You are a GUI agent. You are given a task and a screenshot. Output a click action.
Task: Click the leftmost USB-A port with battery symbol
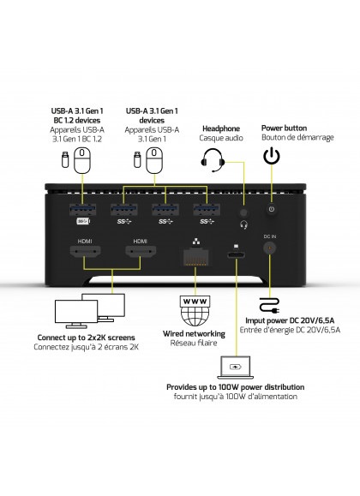coord(82,209)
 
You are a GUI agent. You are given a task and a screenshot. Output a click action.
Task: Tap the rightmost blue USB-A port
coord(207,209)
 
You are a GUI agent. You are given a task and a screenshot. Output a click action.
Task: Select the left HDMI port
coord(85,252)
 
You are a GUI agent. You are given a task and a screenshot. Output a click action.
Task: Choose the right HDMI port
coord(141,252)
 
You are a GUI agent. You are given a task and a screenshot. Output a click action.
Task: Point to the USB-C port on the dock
coord(236,255)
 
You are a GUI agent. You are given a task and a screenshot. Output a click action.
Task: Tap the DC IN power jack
coord(269,248)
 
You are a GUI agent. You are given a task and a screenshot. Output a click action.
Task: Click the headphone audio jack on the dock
coord(243,212)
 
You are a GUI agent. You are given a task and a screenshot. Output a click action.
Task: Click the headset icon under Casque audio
coord(213,159)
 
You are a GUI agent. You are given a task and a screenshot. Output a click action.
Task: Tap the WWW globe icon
coord(195,311)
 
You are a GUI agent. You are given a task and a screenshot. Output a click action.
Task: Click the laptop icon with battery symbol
coord(235,368)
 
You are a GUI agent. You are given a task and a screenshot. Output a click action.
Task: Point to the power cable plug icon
coord(269,305)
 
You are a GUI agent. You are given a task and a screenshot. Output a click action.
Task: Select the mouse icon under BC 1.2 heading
coord(82,160)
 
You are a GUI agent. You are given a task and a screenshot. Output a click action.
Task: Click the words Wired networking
coord(194,334)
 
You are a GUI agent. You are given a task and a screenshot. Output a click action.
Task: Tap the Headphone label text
coord(221,128)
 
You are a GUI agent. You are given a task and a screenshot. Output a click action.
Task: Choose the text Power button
coord(284,128)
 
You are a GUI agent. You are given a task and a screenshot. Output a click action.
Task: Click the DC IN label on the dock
coord(270,236)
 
